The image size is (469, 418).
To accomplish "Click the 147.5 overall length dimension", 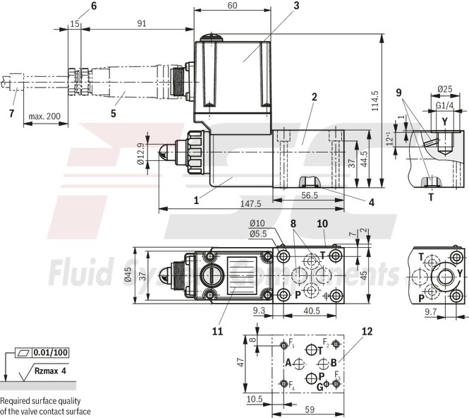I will pos(251,203).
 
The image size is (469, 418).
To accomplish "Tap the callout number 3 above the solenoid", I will pos(277,6).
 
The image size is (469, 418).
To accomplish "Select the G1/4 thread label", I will pos(444,105).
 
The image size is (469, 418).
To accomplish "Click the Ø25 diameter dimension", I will pos(444,89).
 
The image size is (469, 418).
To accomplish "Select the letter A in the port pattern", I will pos(288,362).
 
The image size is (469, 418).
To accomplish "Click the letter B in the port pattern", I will pos(334,362).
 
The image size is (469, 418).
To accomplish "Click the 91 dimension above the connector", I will pos(142,23).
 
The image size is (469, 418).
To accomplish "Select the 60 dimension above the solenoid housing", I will pos(232,6).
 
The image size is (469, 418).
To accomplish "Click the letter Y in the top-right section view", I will pos(444,121).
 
